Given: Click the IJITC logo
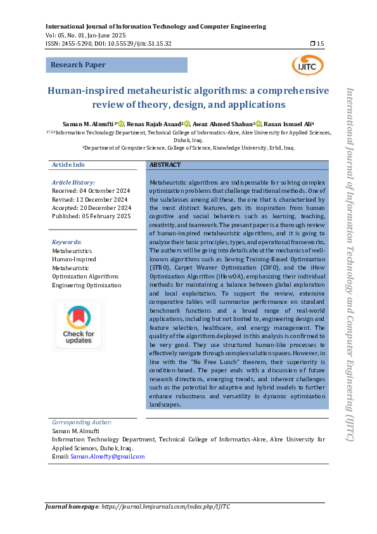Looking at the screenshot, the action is [307, 64].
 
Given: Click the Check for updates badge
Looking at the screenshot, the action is [79, 325].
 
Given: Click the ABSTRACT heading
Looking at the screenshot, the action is [165, 165].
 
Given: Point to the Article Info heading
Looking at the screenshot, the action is [68, 165].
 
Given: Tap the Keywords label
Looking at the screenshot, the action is [67, 242].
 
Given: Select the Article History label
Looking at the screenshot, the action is [73, 182].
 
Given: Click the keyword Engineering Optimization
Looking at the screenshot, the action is [86, 285].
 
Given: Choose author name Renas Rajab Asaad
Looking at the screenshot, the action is [154, 124].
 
